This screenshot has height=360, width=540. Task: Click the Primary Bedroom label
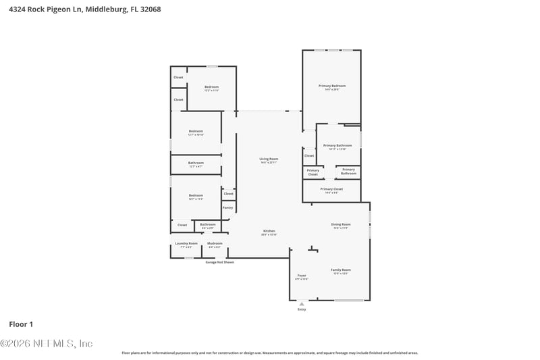click(331, 86)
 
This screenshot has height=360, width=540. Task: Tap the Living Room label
click(269, 159)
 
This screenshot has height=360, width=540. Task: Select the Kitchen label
click(269, 231)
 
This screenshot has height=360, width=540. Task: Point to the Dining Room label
click(340, 224)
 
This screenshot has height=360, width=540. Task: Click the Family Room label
click(340, 269)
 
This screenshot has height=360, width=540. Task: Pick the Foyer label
click(302, 276)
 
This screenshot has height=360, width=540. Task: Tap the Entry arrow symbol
click(301, 304)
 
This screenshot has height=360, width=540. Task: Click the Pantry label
click(227, 207)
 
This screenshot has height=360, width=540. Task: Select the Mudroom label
click(215, 243)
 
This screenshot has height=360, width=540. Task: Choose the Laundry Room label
click(186, 243)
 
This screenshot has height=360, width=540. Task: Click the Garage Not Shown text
click(219, 262)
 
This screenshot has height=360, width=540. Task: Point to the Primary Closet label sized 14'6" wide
click(331, 189)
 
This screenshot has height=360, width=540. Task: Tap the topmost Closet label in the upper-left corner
click(178, 77)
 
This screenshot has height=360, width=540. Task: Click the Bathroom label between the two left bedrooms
click(196, 162)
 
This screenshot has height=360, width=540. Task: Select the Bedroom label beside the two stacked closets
click(212, 86)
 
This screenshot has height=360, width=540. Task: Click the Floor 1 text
click(21, 324)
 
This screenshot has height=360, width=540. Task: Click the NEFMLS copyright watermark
click(46, 343)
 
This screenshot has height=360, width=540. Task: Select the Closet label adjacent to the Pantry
click(228, 193)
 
